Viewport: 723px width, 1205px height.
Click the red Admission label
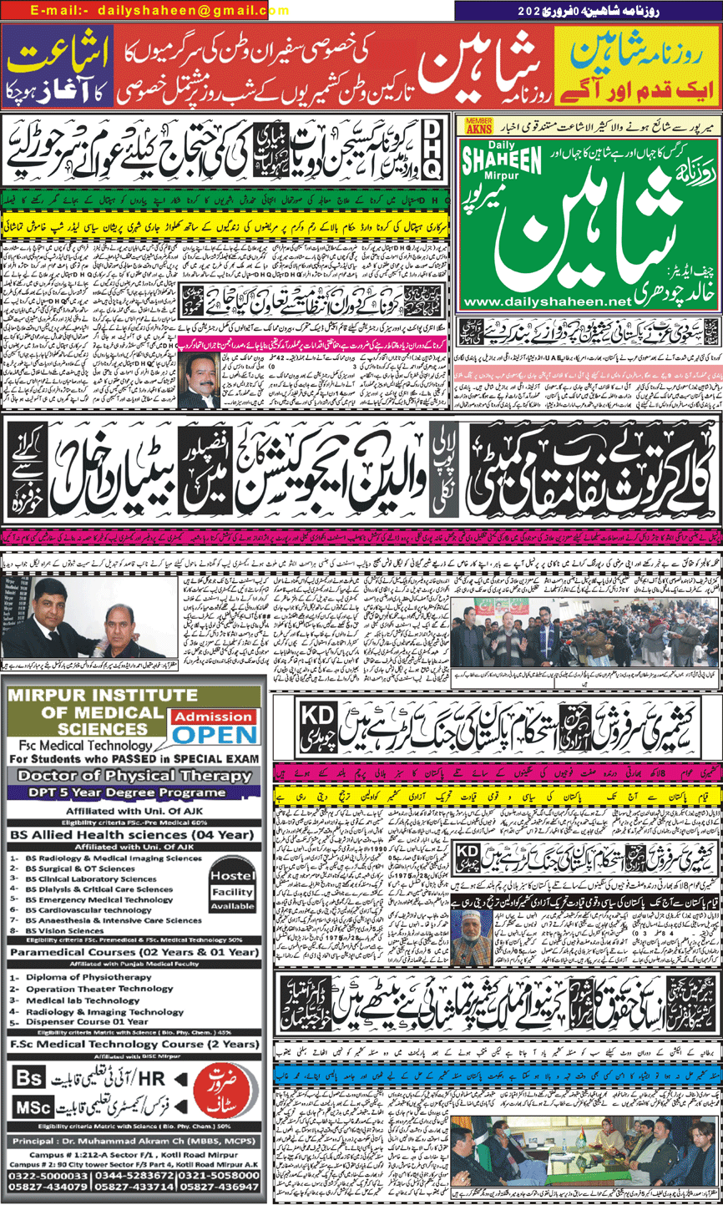[x=213, y=716]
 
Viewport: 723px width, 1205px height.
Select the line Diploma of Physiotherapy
[x=87, y=977]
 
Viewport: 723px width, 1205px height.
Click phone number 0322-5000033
[x=48, y=1177]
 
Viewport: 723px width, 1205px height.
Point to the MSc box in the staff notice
[x=33, y=1107]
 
